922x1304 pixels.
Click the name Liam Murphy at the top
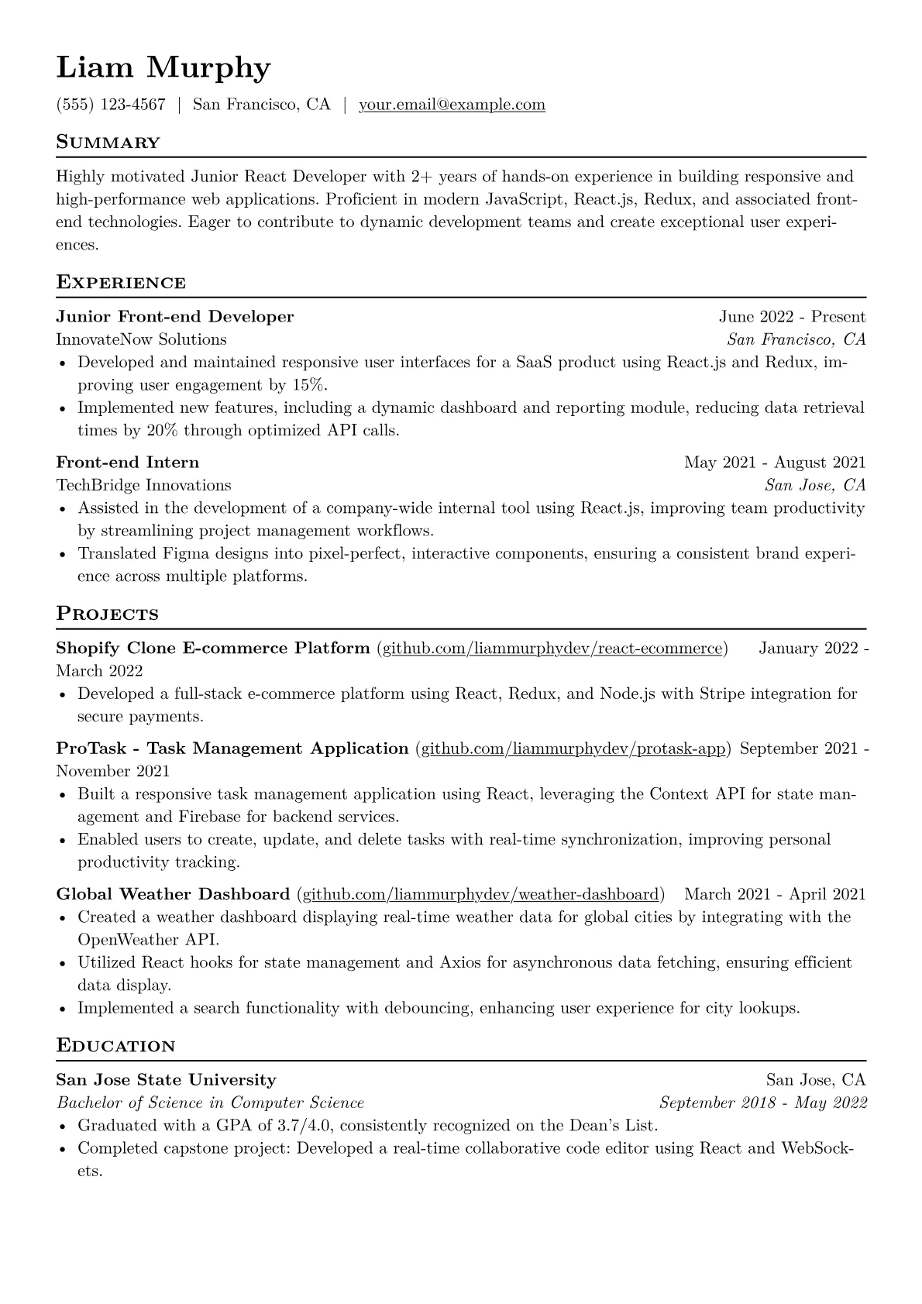click(163, 68)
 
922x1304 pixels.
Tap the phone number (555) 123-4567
click(111, 105)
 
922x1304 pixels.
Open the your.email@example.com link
click(452, 105)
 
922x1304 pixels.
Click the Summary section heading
click(108, 143)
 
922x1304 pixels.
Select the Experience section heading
click(121, 283)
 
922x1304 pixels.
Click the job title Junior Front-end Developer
click(175, 317)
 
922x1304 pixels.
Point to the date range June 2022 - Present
click(792, 317)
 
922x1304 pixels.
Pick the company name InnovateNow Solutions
click(141, 339)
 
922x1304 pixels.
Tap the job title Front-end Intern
click(127, 463)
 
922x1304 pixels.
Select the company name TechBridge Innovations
click(143, 486)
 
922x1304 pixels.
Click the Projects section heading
click(107, 614)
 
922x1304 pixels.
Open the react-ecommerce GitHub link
click(552, 649)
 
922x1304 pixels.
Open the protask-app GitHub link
click(573, 748)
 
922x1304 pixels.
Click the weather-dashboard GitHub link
click(480, 895)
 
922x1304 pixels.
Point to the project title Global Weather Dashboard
click(173, 895)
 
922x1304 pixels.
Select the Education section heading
click(115, 1046)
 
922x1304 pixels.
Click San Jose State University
click(166, 1080)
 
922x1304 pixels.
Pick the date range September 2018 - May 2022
click(762, 1103)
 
